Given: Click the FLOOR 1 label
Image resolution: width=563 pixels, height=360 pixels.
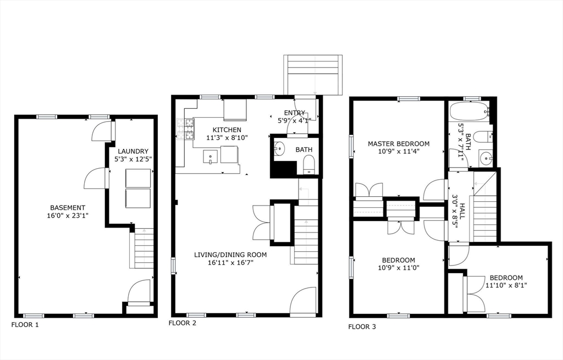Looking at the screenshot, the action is click(x=25, y=325).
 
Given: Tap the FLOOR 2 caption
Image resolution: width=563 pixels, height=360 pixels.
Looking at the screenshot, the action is click(x=183, y=323).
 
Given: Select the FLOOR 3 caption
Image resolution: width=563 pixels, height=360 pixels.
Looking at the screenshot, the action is click(x=362, y=326).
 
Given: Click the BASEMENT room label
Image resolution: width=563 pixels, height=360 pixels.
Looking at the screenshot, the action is click(x=68, y=207).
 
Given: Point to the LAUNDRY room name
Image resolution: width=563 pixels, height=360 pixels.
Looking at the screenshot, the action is click(x=133, y=152).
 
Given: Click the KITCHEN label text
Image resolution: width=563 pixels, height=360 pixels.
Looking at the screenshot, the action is click(x=227, y=130).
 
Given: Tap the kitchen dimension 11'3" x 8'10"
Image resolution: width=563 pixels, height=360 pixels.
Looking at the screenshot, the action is click(x=227, y=137).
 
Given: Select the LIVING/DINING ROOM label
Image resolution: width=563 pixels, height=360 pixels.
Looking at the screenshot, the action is click(x=230, y=255).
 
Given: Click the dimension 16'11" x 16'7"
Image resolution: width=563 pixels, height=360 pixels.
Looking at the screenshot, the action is click(x=230, y=263).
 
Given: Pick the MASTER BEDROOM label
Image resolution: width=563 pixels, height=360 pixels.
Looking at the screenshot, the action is click(x=399, y=144).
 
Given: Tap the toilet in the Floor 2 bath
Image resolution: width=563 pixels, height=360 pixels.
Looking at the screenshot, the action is click(x=308, y=165).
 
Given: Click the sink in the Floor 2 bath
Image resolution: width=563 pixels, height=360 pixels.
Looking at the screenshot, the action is click(x=279, y=147).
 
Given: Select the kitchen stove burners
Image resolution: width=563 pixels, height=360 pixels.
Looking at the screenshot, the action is click(x=186, y=129).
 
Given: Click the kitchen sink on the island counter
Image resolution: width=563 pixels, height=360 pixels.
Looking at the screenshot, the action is click(x=211, y=157).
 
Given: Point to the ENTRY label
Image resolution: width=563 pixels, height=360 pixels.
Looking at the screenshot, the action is click(x=295, y=113).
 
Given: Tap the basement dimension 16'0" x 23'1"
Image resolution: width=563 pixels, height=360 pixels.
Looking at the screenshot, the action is click(x=68, y=215).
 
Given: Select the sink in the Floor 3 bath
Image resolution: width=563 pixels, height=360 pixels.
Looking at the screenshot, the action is click(x=486, y=157).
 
